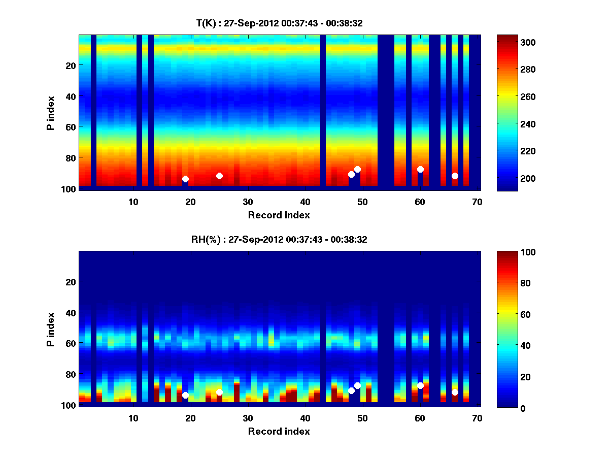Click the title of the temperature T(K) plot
pyautogui.click(x=279, y=23)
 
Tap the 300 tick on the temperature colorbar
pyautogui.click(x=510, y=42)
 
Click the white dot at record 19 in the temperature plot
pyautogui.click(x=185, y=179)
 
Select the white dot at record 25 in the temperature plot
pyautogui.click(x=219, y=176)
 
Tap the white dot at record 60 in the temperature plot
pyautogui.click(x=420, y=169)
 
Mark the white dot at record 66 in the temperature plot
pyautogui.click(x=455, y=176)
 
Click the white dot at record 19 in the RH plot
pyautogui.click(x=185, y=395)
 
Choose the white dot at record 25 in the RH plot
pyautogui.click(x=219, y=392)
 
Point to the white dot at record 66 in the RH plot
pyautogui.click(x=455, y=392)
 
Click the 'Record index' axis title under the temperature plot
pyautogui.click(x=279, y=215)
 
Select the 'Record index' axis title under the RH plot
pyautogui.click(x=279, y=431)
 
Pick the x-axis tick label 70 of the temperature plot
pyautogui.click(x=477, y=202)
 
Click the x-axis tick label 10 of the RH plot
pyautogui.click(x=133, y=418)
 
